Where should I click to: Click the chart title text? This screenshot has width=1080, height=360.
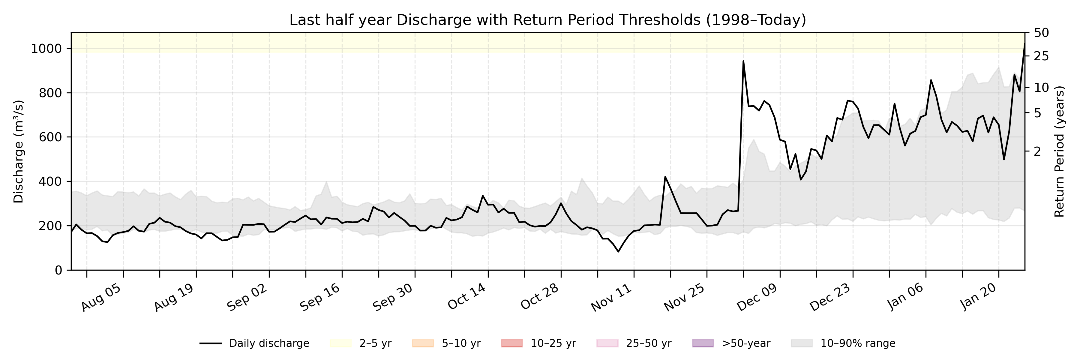[547, 20]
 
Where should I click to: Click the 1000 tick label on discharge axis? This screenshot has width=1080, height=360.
[46, 49]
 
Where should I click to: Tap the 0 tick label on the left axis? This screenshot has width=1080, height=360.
[59, 270]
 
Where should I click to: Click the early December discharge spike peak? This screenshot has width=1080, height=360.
[743, 61]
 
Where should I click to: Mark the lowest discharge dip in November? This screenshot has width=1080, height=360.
[618, 251]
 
